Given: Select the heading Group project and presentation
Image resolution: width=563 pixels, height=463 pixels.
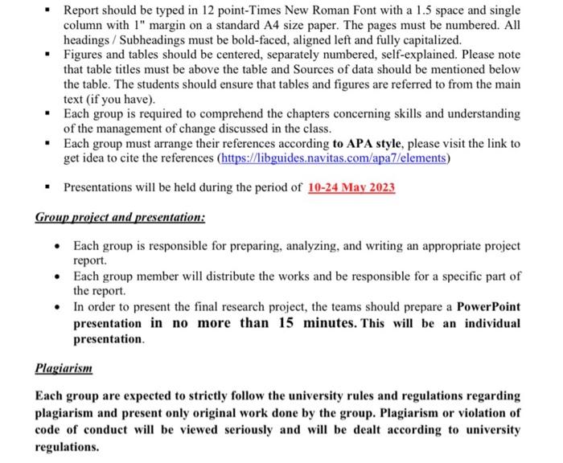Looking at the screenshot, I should (x=120, y=217).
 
